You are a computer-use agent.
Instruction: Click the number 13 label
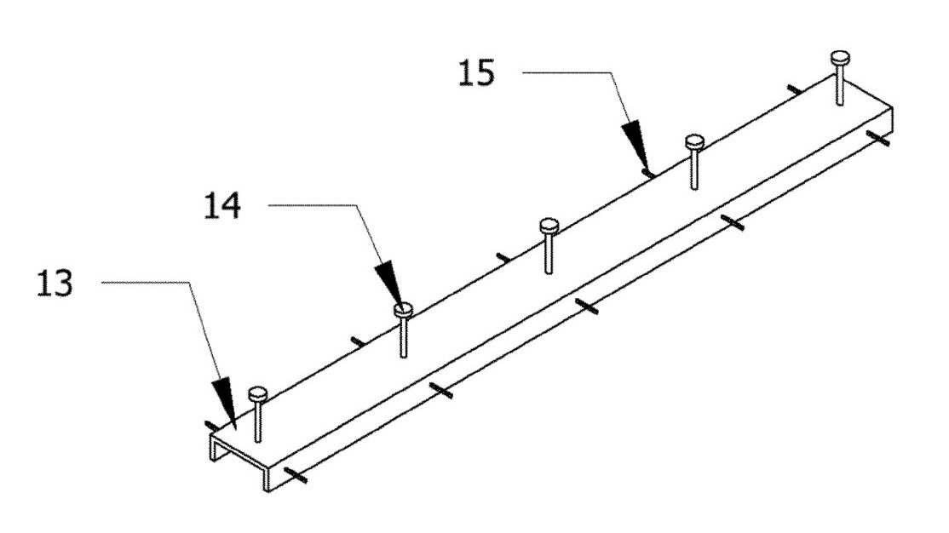(x=55, y=284)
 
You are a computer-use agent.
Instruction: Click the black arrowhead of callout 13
(x=224, y=400)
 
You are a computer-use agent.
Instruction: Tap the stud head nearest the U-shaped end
(x=257, y=393)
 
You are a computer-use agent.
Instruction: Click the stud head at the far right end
(x=841, y=58)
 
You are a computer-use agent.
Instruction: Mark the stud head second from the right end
(x=694, y=141)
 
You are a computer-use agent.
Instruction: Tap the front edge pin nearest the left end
(x=293, y=473)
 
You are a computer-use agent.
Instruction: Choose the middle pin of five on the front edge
(x=587, y=306)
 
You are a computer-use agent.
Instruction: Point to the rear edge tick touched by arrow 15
(x=648, y=173)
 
